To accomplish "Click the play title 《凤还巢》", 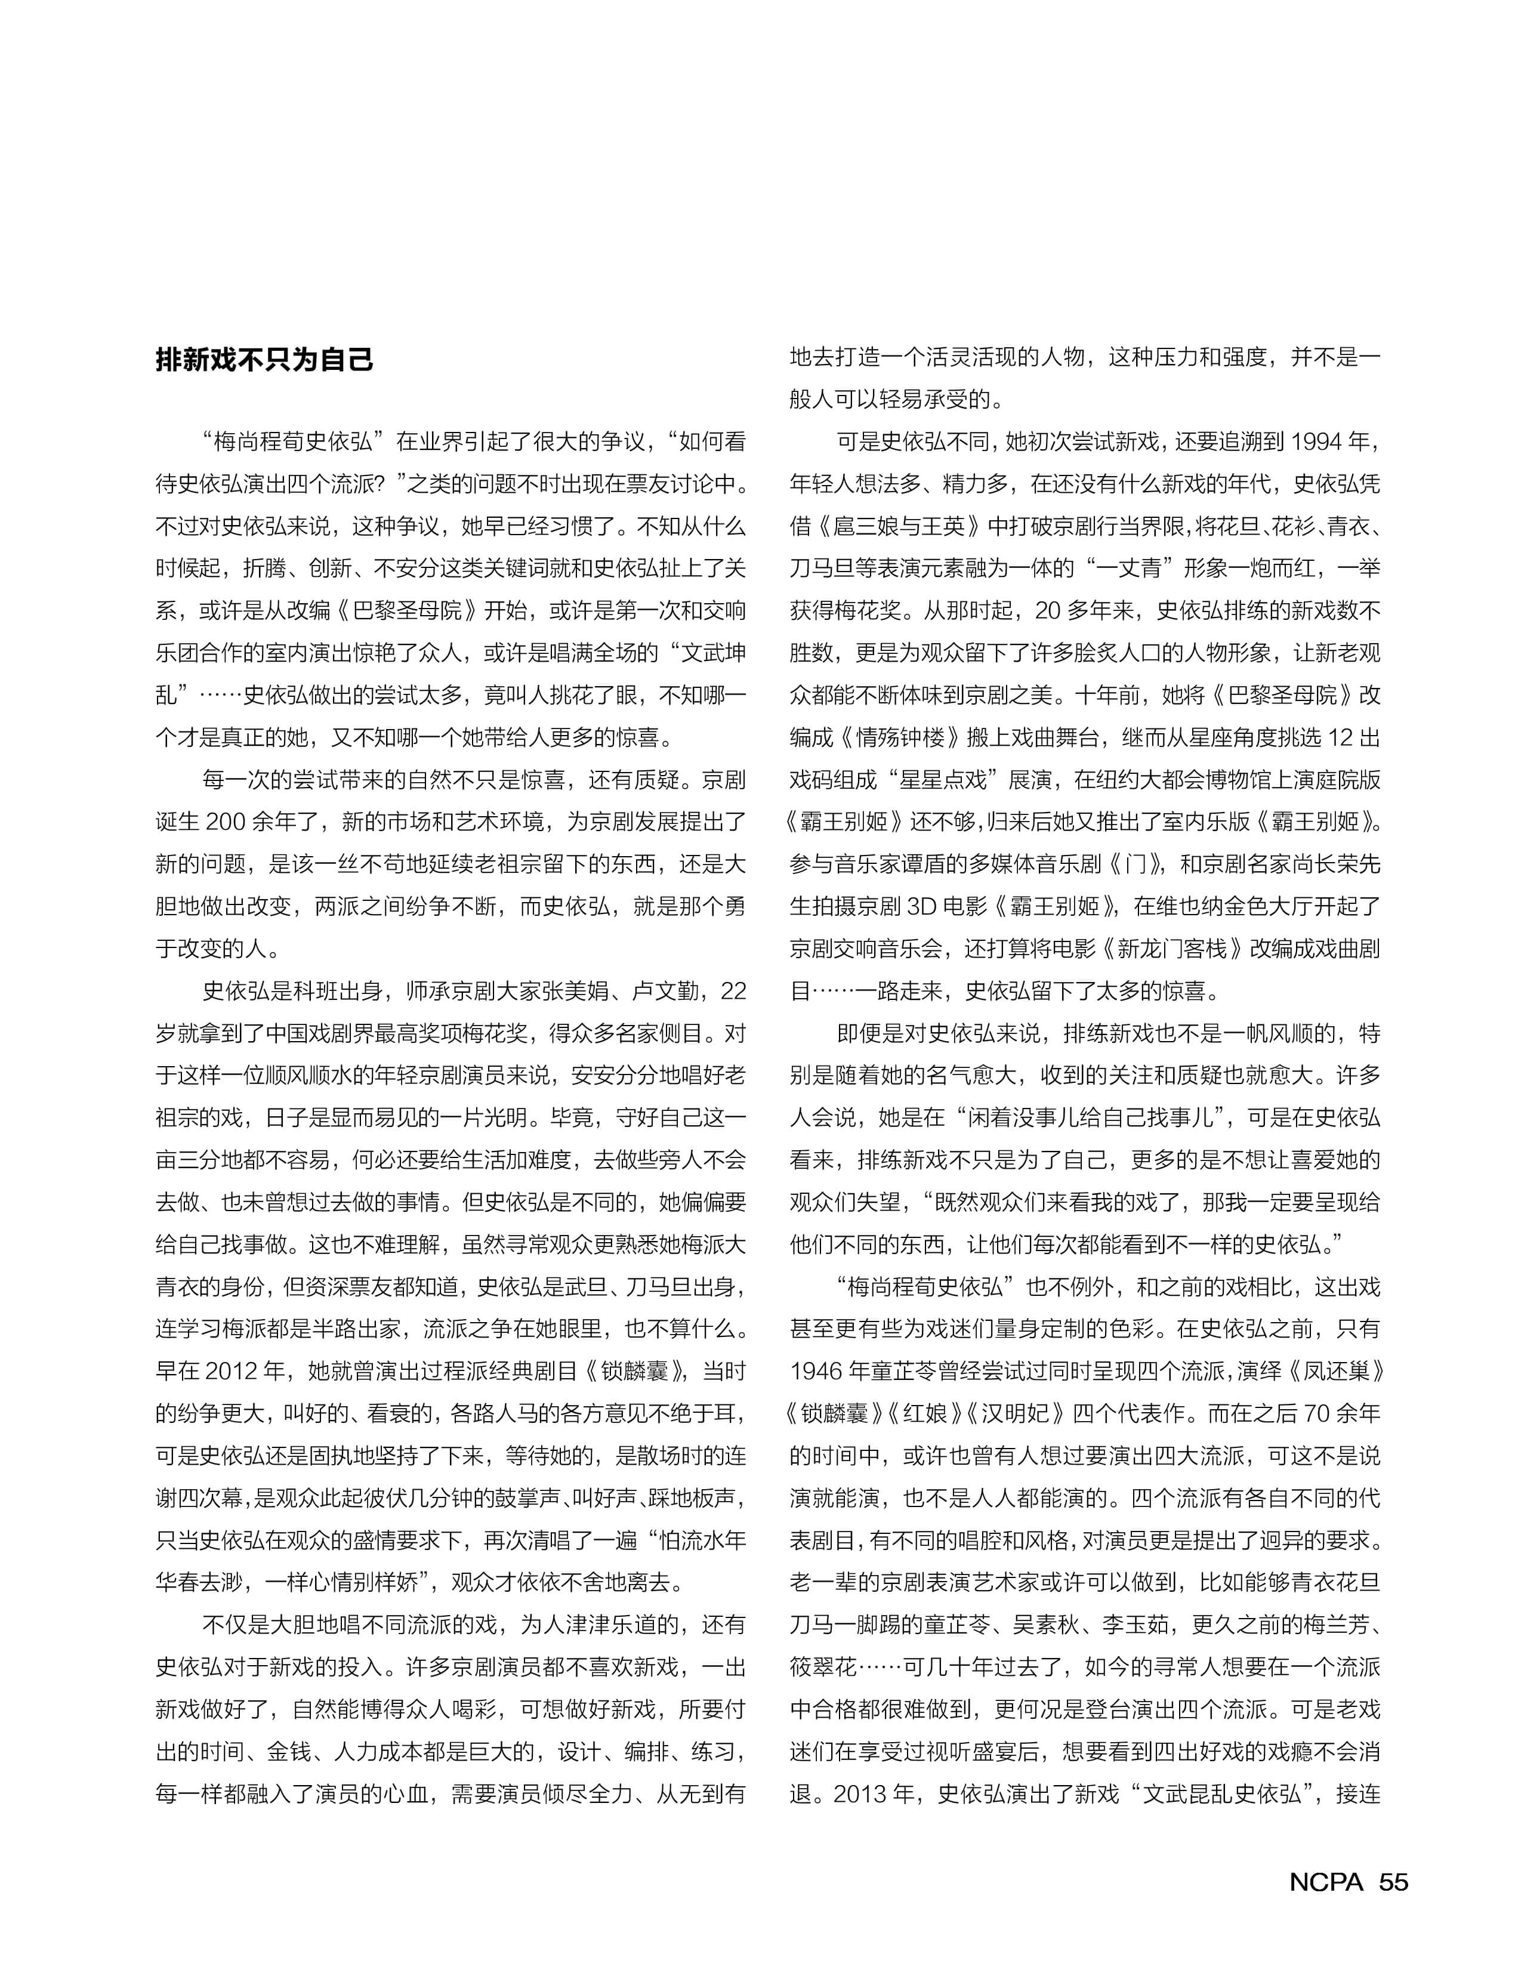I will (x=1330, y=1372).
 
